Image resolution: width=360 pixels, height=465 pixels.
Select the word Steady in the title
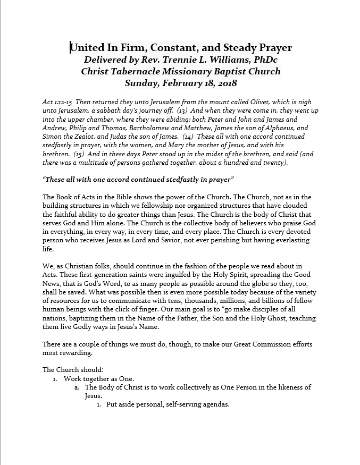[x=237, y=48]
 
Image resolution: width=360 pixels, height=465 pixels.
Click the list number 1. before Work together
[x=55, y=379]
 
